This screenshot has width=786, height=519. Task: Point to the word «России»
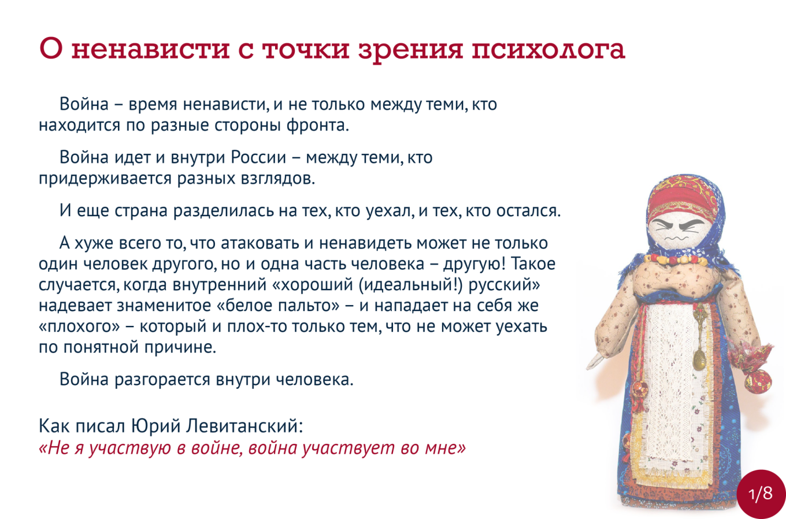point(258,158)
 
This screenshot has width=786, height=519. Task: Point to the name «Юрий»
point(155,427)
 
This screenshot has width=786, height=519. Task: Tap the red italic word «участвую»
point(129,448)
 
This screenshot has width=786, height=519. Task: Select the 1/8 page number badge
point(761,494)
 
